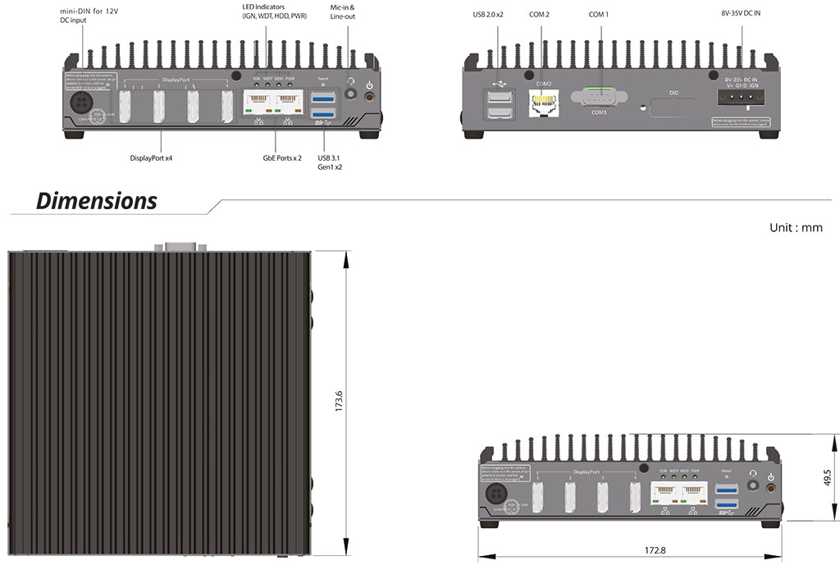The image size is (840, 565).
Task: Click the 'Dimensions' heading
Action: point(97,200)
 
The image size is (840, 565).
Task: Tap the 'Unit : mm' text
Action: point(795,227)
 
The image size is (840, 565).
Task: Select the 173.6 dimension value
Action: point(339,402)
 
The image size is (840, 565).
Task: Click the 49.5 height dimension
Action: point(827,477)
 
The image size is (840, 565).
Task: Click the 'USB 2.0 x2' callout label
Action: point(493,15)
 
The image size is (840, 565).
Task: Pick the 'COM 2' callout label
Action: point(540,15)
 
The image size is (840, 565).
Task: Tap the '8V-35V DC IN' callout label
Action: point(741,15)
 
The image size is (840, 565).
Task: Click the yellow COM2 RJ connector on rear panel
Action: point(541,102)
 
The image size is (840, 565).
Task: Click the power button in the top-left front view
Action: point(369,97)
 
